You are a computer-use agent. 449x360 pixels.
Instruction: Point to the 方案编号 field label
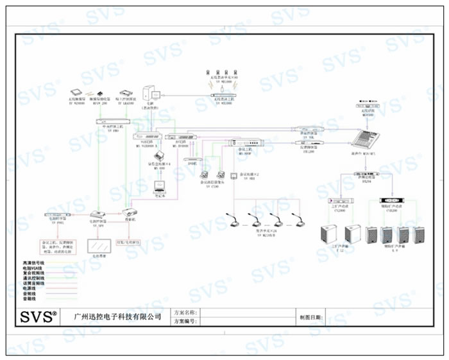[x=185, y=321]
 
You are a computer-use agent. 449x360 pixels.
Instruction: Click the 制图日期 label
[x=310, y=318]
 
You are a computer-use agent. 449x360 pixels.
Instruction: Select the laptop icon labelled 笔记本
[x=158, y=188]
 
